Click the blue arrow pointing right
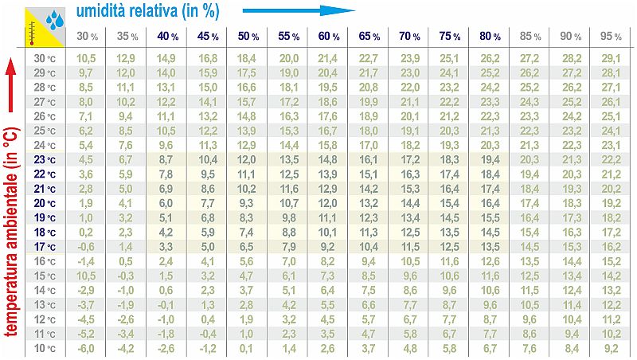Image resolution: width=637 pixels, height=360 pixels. coord(299,10)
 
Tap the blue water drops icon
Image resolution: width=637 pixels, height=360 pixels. coord(54,18)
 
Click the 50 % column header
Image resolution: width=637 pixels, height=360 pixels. coord(247,37)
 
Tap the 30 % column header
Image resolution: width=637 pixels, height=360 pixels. coord(87,37)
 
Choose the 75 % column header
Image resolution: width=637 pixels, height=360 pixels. coord(450,37)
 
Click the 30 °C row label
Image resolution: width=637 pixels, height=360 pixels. coord(45,58)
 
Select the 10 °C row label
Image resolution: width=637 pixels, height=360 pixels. coord(45,349)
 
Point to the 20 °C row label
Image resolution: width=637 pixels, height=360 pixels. coord(45,203)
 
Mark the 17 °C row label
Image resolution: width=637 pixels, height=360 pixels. coord(45,247)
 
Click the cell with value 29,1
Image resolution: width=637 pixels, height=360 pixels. coord(612,58)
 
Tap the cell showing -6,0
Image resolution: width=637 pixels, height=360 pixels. coord(87,349)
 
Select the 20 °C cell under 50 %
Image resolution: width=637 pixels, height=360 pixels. coord(247,203)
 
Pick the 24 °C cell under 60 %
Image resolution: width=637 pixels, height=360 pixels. coord(328,145)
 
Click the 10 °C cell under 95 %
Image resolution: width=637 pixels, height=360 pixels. coord(612,349)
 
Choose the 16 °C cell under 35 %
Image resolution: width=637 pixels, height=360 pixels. coord(126,261)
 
